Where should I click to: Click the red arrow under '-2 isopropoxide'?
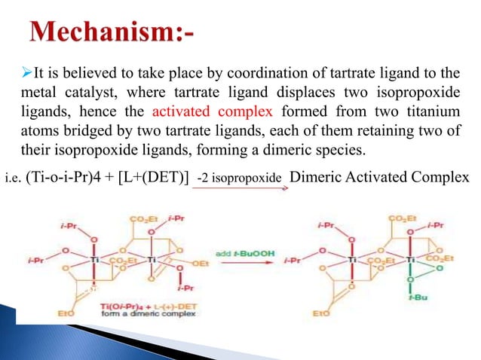point(240,189)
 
